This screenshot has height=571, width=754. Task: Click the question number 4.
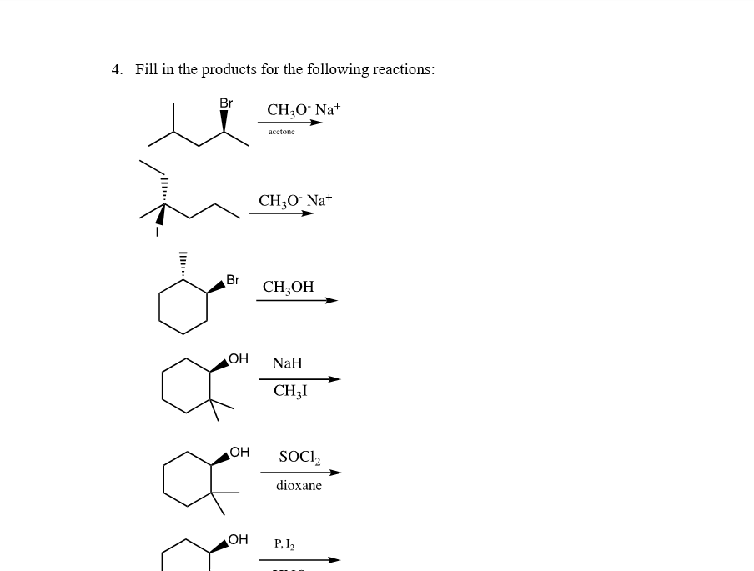(x=115, y=69)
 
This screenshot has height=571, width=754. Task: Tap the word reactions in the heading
(x=403, y=69)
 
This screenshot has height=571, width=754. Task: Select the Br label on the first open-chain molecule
(x=226, y=103)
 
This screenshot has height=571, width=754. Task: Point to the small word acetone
(x=281, y=132)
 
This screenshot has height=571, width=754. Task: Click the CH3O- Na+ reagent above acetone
(x=304, y=110)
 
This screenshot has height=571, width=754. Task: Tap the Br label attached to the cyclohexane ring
(x=233, y=280)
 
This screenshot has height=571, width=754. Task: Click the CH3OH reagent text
(x=288, y=287)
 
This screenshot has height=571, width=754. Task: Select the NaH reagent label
(x=287, y=363)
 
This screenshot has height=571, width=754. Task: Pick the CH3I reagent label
(x=289, y=390)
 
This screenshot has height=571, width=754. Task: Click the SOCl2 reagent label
(x=299, y=457)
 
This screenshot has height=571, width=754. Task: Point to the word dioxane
(x=299, y=485)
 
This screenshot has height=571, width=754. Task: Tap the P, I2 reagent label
(x=284, y=544)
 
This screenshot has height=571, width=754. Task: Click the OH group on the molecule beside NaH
(x=239, y=358)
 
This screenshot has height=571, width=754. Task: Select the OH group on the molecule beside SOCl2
(x=239, y=452)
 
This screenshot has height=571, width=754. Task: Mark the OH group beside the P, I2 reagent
(x=239, y=539)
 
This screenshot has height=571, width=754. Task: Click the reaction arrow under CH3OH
(x=296, y=301)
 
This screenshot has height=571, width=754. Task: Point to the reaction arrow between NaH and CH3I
(x=299, y=378)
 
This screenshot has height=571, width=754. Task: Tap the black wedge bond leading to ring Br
(x=216, y=287)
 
